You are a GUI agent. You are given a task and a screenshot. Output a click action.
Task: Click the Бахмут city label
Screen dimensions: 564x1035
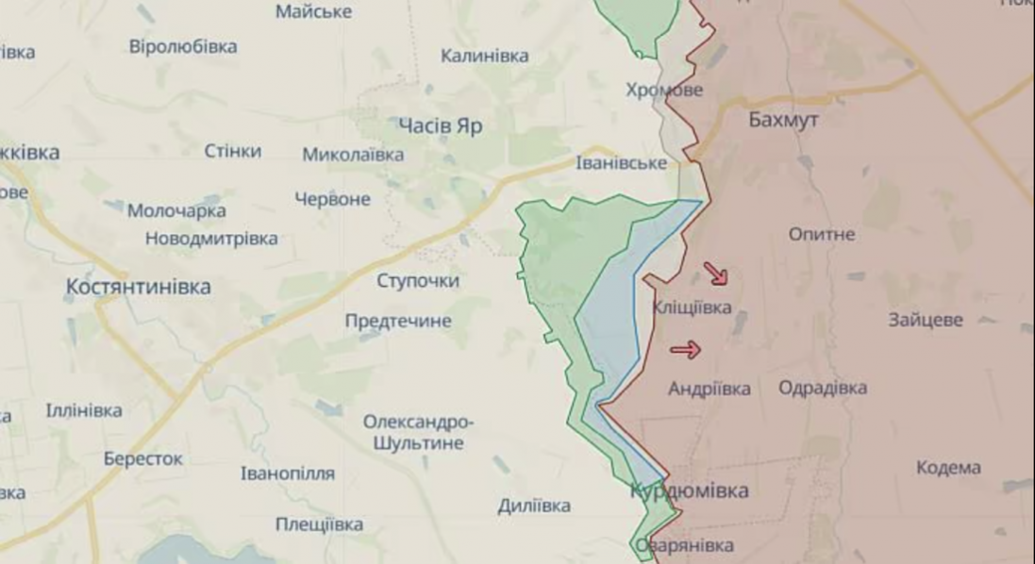click(x=783, y=120)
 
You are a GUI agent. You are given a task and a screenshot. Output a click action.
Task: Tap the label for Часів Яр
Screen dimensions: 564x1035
click(x=442, y=126)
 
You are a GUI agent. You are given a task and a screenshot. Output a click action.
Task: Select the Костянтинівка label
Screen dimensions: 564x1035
click(x=139, y=287)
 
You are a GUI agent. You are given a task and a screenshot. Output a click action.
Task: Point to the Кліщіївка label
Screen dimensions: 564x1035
click(x=692, y=307)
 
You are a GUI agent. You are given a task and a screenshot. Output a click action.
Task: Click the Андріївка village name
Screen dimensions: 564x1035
click(x=709, y=389)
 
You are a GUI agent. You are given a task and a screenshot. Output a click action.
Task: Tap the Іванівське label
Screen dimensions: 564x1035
click(x=622, y=163)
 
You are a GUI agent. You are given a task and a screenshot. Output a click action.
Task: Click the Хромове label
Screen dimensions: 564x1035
click(x=664, y=91)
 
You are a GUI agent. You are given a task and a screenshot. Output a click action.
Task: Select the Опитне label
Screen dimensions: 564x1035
click(x=822, y=234)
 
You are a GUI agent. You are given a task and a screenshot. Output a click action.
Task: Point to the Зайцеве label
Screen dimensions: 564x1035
click(x=926, y=320)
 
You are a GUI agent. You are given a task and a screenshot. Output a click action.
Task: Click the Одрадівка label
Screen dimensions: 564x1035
click(x=823, y=388)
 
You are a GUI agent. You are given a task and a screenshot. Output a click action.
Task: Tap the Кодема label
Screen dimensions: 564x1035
click(x=948, y=468)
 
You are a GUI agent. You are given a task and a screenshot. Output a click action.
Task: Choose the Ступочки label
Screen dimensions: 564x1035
click(x=418, y=281)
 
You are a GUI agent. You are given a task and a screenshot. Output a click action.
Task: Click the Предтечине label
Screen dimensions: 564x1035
click(x=398, y=322)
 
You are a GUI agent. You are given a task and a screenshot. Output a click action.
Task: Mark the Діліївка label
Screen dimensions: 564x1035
click(x=534, y=506)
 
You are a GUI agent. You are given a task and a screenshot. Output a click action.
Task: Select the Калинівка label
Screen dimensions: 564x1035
click(x=485, y=56)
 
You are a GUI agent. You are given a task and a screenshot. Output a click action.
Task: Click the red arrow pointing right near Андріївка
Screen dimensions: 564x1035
click(x=686, y=351)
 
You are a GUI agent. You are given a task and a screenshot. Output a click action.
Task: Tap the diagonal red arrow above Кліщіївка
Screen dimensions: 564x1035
click(x=716, y=274)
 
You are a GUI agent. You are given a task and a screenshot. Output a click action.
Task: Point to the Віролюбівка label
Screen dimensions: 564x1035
click(x=183, y=46)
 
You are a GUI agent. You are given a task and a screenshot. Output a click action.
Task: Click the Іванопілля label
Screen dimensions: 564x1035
click(x=288, y=473)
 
